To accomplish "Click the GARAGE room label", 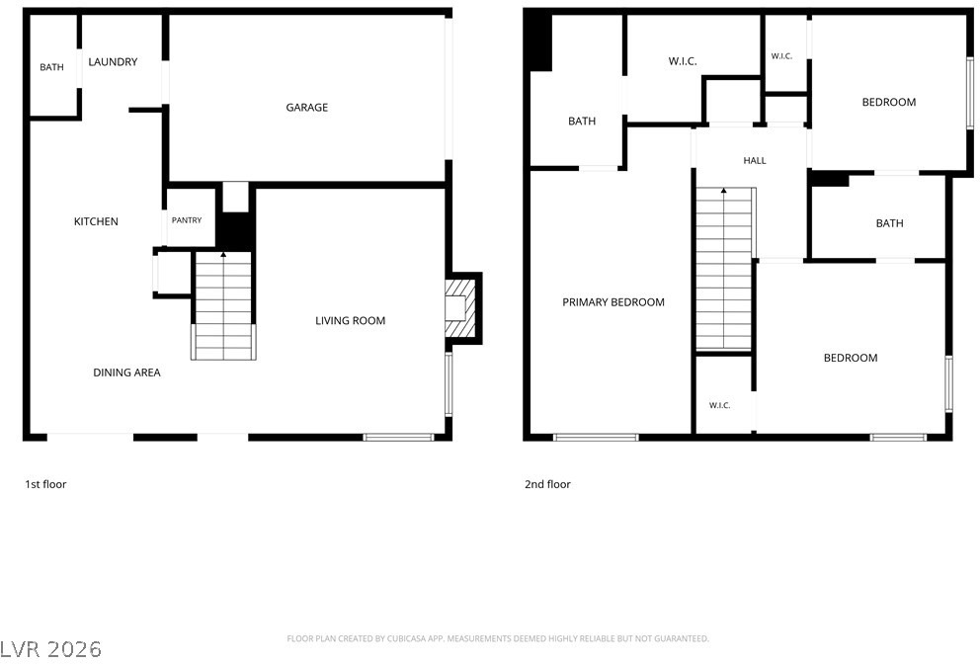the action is click(307, 108).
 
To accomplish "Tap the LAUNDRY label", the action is click(113, 62).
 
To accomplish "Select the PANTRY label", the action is click(187, 220).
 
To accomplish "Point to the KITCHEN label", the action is click(96, 221).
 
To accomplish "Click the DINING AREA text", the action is click(126, 373).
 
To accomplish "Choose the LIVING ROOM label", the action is click(350, 321).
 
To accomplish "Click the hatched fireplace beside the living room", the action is click(460, 308).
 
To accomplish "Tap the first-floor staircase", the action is click(223, 305).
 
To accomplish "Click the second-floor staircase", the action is click(724, 269).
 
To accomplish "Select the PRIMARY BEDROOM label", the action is click(613, 302).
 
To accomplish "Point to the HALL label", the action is click(755, 161).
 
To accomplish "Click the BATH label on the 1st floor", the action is click(52, 67).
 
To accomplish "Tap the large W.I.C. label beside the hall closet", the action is click(683, 61).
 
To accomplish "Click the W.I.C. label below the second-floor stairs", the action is click(719, 406).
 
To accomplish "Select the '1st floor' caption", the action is click(45, 484).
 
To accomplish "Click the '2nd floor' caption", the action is click(547, 484).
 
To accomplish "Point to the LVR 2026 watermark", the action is click(50, 649).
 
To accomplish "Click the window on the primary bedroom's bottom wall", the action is click(596, 437).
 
